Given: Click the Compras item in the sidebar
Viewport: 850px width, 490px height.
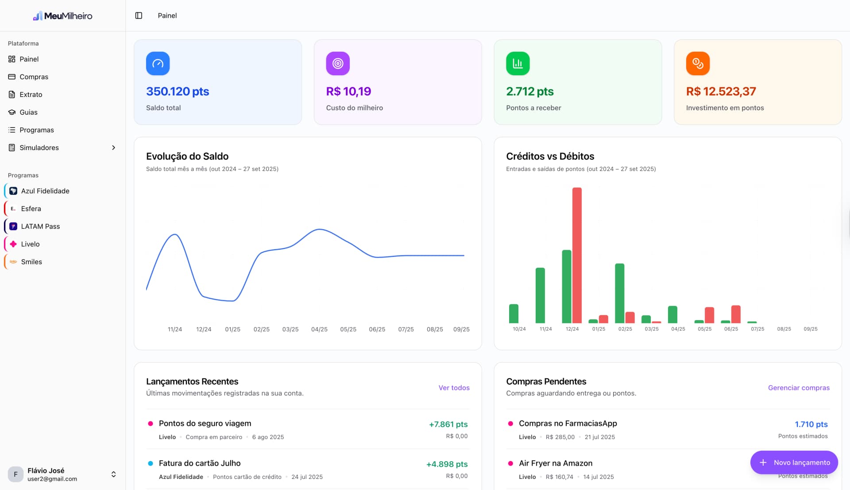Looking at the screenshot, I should (34, 77).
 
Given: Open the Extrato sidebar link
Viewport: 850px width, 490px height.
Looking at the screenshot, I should (31, 94).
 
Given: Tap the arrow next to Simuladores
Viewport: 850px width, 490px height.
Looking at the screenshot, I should (113, 147).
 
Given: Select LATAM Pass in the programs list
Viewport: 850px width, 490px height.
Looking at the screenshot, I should (40, 226).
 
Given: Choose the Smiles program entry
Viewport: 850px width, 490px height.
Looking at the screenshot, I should (31, 262).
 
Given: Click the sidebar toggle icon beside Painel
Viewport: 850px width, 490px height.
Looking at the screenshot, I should (139, 15).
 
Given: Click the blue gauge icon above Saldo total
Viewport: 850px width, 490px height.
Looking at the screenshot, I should (158, 63).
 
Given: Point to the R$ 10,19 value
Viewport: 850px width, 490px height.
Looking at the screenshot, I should (348, 91).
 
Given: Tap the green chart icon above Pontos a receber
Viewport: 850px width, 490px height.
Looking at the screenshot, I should (518, 63).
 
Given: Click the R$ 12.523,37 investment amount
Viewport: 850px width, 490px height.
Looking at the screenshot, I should (721, 91).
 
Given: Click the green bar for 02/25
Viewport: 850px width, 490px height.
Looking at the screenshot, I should (619, 293).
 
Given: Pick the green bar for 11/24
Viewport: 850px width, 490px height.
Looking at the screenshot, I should (540, 295).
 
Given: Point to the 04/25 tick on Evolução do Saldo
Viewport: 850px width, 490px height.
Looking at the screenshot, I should (319, 329).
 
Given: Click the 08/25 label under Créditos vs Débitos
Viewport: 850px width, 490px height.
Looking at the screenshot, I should (784, 329).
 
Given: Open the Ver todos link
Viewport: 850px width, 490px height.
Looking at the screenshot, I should (454, 388).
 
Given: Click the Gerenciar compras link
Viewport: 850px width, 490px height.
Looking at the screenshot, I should (798, 388).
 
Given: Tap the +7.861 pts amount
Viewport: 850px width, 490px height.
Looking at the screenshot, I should (448, 424).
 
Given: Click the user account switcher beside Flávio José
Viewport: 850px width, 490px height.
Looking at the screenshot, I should (113, 474).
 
